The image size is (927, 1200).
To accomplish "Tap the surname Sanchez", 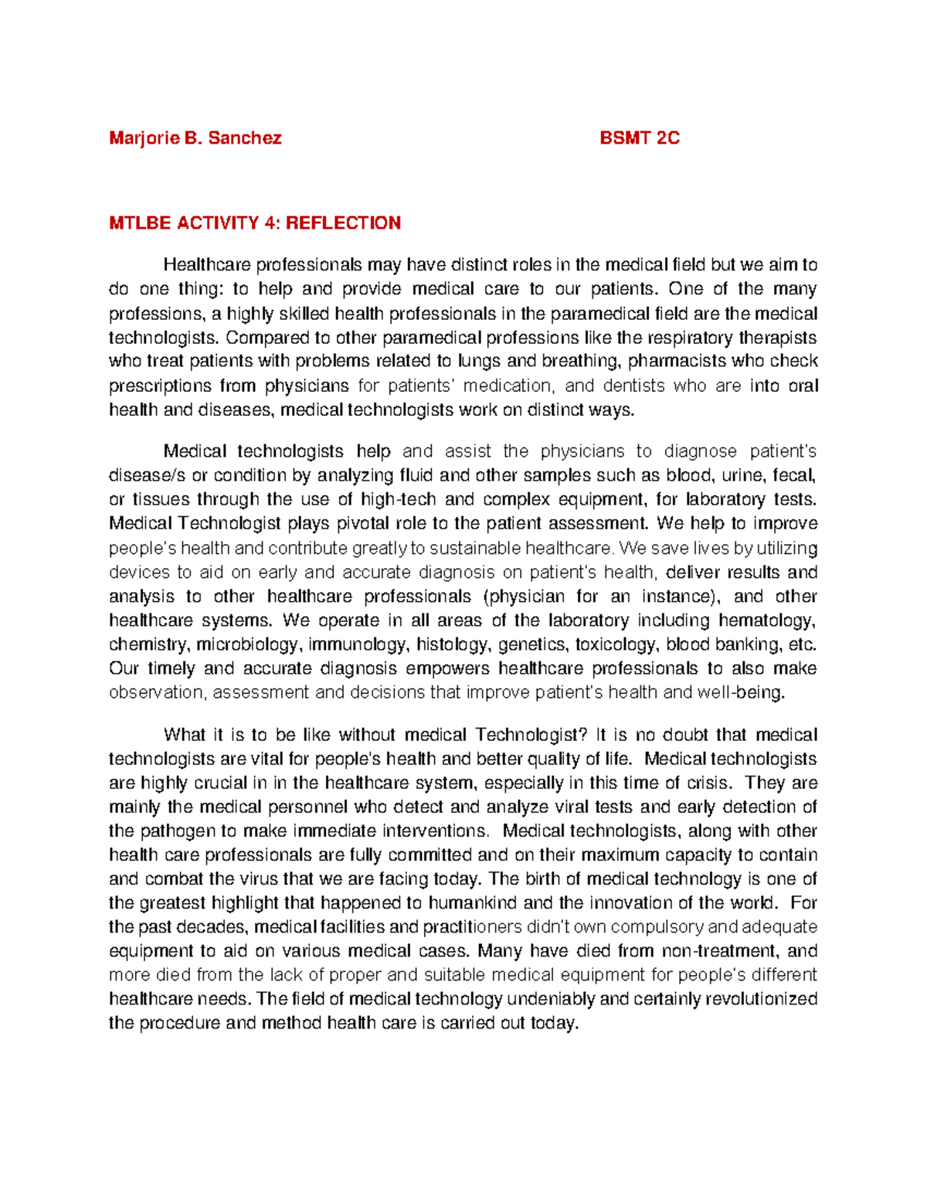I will [x=245, y=139].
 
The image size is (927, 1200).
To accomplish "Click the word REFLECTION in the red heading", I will [x=343, y=223].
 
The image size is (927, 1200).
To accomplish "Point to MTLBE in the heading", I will [x=141, y=223].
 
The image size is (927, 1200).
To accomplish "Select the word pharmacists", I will [x=677, y=362].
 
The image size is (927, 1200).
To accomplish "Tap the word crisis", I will [x=708, y=783].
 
